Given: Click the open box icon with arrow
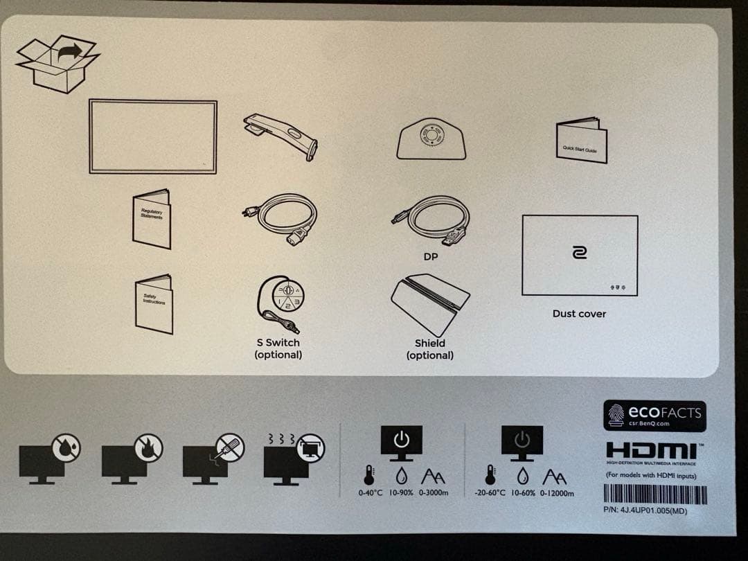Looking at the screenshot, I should [57, 64].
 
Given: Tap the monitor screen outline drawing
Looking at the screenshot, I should [152, 136].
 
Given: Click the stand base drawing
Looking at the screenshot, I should [430, 139].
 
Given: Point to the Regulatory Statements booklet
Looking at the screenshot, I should [152, 218].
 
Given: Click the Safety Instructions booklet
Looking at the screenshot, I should [153, 303].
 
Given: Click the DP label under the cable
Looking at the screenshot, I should [430, 256].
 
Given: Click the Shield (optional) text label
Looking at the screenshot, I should [430, 349].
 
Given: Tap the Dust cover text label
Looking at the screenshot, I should [579, 314].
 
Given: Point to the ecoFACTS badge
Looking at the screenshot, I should [654, 416].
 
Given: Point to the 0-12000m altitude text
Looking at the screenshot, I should [553, 493].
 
